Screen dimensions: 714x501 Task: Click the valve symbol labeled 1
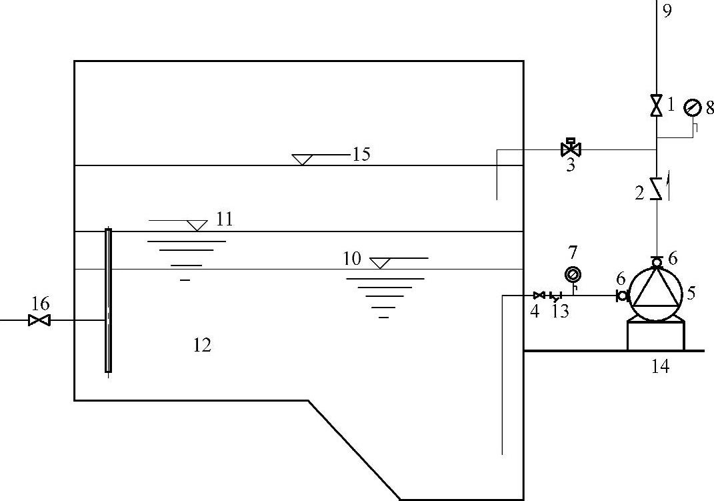657,105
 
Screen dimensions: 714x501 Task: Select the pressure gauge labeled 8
693,106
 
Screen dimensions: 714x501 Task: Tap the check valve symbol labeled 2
657,189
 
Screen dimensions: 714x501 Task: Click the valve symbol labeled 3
571,148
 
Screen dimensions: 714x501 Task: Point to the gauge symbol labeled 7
573,274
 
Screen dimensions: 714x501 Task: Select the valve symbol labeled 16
40,321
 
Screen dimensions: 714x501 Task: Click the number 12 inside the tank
201,345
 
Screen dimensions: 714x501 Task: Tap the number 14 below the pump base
660,366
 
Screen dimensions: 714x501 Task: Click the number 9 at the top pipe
668,10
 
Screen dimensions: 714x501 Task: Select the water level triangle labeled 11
197,225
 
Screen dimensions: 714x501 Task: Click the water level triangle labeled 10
380,263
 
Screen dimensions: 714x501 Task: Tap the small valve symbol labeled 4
539,295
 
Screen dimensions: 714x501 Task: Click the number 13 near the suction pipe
561,311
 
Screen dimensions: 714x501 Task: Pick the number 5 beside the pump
691,292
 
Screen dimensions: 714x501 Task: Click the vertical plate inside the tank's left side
108,300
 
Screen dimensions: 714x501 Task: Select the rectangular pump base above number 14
656,336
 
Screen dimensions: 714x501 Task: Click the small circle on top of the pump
657,262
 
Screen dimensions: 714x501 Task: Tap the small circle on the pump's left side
622,296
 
